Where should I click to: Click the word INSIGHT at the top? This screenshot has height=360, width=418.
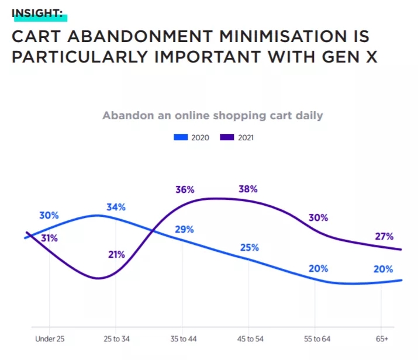click(37, 12)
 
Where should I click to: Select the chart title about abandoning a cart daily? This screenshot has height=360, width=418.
click(212, 115)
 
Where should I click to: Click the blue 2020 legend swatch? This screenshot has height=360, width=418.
click(181, 138)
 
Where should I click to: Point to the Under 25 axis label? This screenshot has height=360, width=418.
click(49, 339)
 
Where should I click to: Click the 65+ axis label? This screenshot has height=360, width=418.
click(382, 339)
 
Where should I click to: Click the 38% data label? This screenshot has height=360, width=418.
click(248, 189)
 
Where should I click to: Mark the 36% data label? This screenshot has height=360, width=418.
click(185, 189)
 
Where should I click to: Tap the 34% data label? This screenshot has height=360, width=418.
click(116, 207)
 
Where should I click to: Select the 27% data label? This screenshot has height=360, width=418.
click(384, 237)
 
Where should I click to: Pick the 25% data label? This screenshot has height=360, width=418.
click(249, 247)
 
